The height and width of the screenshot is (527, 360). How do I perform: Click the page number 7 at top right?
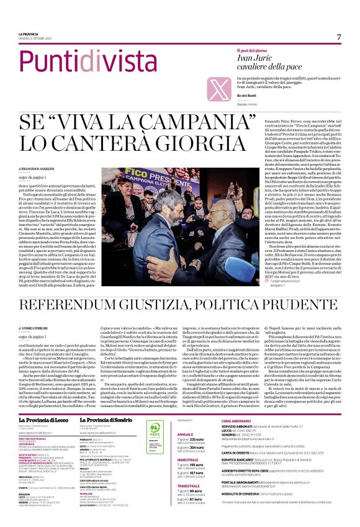click(339, 37)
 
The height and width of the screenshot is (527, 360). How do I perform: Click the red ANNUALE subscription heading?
click(186, 417)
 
